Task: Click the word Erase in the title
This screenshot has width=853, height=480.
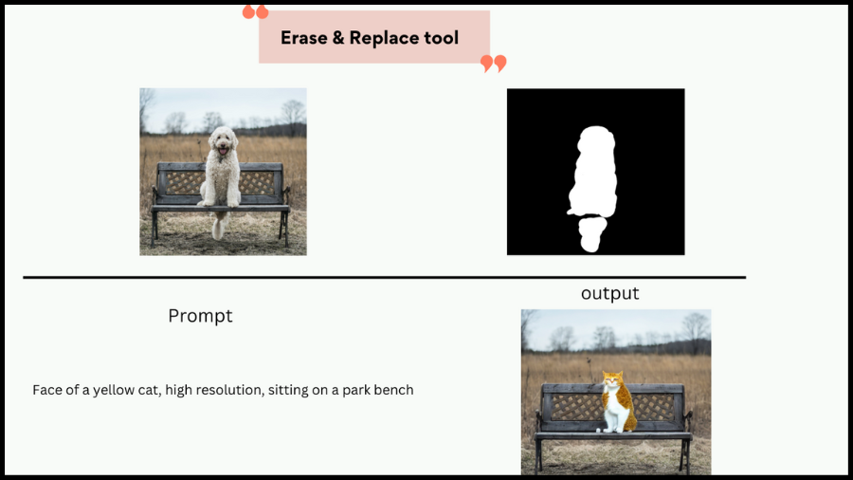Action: tap(304, 38)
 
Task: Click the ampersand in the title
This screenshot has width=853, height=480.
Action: tap(338, 38)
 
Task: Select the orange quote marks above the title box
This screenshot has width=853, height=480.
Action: tap(255, 12)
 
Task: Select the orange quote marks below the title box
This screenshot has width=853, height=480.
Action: tap(494, 64)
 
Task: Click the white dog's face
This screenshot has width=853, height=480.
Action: tap(223, 141)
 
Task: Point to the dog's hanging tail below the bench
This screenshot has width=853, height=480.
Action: tap(219, 225)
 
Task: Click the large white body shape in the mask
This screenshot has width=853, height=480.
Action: tap(593, 171)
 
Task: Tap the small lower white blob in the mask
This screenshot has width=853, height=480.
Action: tap(591, 233)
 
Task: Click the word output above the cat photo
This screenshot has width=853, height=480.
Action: tap(609, 293)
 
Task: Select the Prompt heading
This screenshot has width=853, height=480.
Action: tap(200, 316)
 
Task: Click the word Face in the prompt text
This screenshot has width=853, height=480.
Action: tap(45, 390)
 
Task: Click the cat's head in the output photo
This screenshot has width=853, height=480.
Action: tap(612, 379)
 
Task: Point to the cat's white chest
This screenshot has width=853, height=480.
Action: tap(613, 404)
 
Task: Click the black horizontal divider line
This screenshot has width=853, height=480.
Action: tap(384, 278)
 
